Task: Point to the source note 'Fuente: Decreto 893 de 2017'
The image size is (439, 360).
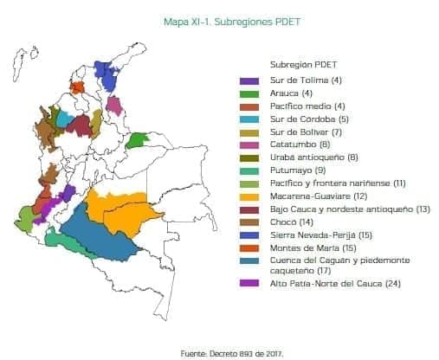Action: point(231,352)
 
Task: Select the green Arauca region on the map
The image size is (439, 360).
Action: point(137,140)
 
